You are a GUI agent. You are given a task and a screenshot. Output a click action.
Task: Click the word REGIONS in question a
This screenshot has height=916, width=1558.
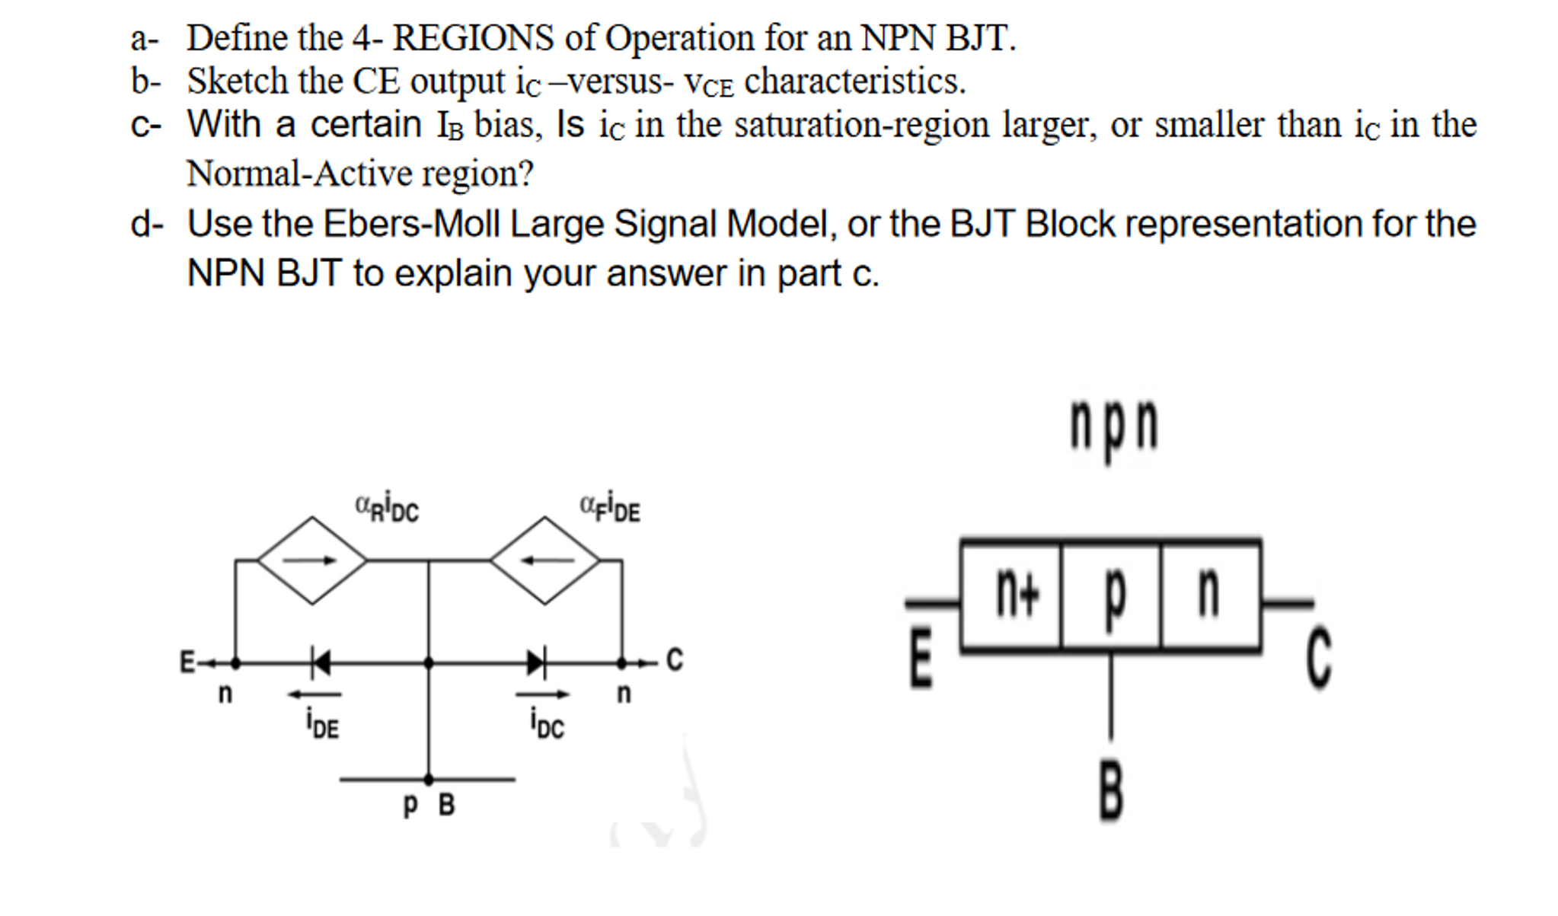[473, 38]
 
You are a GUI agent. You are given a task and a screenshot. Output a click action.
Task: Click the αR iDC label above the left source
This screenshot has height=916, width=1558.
[387, 508]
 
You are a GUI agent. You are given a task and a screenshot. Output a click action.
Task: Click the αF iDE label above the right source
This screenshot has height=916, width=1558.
[610, 509]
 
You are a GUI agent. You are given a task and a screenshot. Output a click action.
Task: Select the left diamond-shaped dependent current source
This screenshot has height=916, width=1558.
[312, 561]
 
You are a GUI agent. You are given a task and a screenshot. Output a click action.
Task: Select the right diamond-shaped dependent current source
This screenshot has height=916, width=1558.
[545, 561]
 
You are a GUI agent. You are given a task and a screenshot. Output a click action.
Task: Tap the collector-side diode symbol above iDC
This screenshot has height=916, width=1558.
[537, 662]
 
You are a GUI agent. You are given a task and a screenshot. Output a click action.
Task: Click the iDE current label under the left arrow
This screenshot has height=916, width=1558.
[322, 724]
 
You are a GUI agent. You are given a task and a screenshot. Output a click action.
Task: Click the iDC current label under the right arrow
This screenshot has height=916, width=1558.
[548, 724]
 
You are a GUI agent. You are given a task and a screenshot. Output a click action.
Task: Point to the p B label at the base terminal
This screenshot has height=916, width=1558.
[429, 804]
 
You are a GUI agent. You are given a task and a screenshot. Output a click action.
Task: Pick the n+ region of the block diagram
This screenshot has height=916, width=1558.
[1016, 596]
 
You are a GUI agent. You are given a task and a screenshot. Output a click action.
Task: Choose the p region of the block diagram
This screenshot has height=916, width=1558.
[1113, 596]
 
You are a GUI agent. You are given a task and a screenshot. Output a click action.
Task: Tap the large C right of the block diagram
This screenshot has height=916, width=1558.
[1319, 658]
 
